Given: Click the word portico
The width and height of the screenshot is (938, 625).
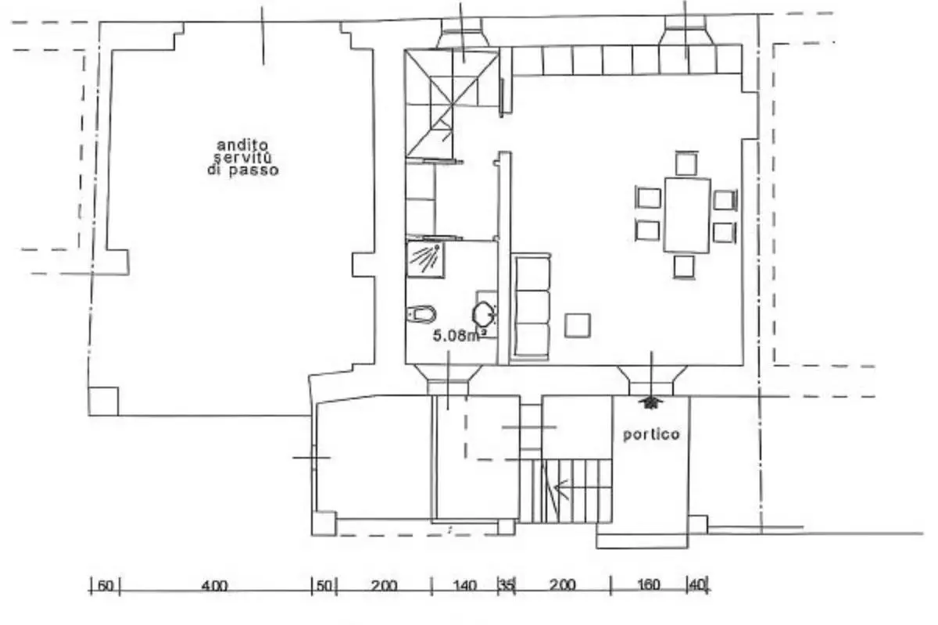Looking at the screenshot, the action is [651, 434].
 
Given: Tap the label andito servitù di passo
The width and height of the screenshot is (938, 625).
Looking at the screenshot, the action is [243, 158].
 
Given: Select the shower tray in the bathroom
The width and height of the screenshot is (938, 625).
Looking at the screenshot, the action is [425, 259].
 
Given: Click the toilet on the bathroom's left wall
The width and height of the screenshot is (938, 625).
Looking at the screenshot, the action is [421, 314].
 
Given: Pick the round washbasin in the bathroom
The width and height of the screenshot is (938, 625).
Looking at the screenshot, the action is [484, 315].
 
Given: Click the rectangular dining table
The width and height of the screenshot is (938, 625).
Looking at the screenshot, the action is [687, 216].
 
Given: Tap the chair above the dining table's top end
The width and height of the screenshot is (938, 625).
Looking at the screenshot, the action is [687, 163].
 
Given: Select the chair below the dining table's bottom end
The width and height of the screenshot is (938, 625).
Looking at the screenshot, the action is [684, 266].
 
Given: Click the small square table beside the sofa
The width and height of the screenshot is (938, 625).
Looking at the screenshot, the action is [578, 326].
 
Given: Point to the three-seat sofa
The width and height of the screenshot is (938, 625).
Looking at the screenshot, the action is [531, 306].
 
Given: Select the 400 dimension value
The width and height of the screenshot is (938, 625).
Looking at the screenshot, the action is [214, 586].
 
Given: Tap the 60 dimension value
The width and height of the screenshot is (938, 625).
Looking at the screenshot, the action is [105, 586].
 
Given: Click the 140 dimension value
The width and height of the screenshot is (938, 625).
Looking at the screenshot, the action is [465, 586].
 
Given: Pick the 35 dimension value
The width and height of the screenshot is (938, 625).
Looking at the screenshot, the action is [507, 585].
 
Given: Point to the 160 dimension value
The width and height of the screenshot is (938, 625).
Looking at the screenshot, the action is [649, 585].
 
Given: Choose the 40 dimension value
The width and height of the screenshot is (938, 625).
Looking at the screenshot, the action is [697, 584].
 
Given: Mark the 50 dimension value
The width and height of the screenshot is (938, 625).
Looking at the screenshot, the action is [324, 586].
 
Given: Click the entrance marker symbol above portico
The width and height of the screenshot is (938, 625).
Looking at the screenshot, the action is [650, 402].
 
